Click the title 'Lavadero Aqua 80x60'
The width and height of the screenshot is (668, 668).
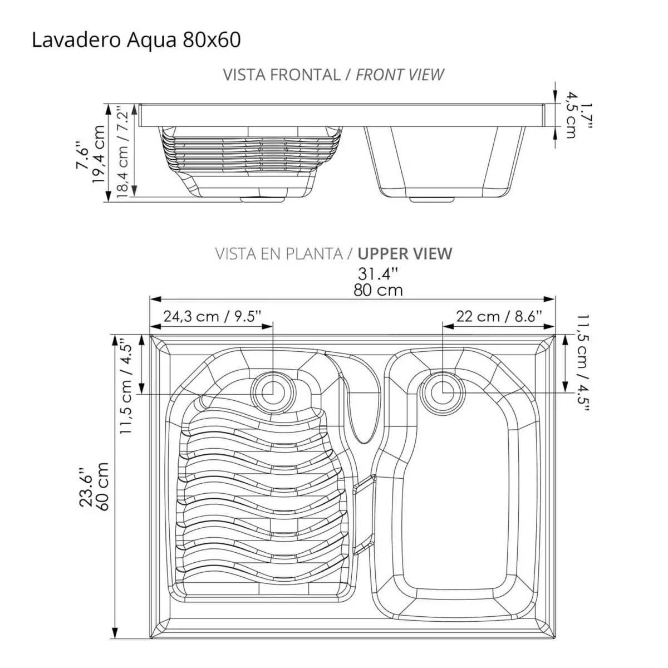[x=136, y=40]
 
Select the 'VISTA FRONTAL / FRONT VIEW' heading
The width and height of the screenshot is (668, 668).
[x=333, y=75]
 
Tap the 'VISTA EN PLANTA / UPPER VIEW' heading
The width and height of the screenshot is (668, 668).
[x=333, y=254]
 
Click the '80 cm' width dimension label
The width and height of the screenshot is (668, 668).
[x=378, y=290]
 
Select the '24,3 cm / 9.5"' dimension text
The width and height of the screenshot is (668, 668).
[x=212, y=316]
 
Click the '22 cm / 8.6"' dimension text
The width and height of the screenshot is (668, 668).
[x=499, y=316]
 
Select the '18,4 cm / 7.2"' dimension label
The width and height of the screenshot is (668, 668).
[x=124, y=151]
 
